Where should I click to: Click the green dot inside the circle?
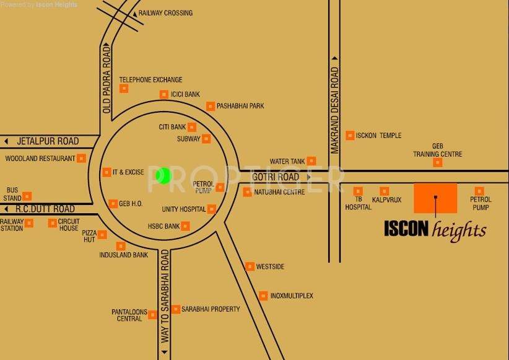pos(163,175)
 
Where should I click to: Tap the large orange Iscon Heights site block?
pos(435,198)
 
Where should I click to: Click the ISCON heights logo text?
pos(435,229)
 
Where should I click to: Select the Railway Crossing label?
pos(165,13)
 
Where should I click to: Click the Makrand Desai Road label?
pos(334,110)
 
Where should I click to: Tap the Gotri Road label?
pos(276,177)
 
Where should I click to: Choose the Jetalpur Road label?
pos(48,141)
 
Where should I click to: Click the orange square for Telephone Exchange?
pos(124,89)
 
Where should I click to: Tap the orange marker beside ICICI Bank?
pos(164,94)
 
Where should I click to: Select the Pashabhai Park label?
pos(240,106)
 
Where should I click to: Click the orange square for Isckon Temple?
pos(350,135)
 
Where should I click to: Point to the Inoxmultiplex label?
pos(292,296)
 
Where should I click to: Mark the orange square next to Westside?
pos(250,266)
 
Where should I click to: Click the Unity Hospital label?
pos(183,209)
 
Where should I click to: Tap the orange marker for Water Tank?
pos(311,161)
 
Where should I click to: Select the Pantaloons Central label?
pos(127,315)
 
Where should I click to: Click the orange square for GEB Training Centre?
pos(438,162)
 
